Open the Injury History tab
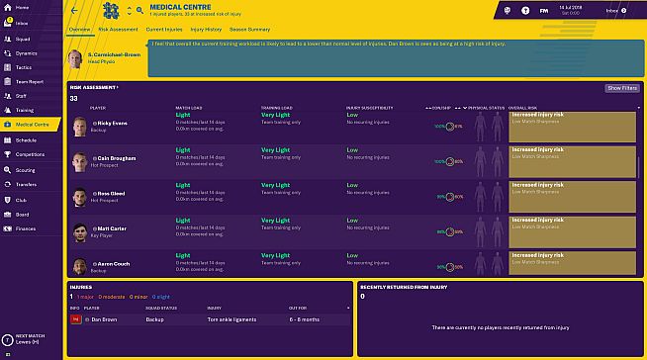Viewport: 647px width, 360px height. pyautogui.click(x=206, y=31)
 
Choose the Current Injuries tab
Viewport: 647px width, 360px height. pyautogui.click(x=163, y=31)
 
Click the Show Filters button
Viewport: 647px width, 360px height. pyautogui.click(x=621, y=88)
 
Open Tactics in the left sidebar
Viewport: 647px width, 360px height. pyautogui.click(x=23, y=66)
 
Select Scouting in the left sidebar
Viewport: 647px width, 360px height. pyautogui.click(x=26, y=169)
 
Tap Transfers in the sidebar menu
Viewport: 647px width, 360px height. pyautogui.click(x=26, y=184)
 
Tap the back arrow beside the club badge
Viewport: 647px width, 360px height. pyautogui.click(x=74, y=10)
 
